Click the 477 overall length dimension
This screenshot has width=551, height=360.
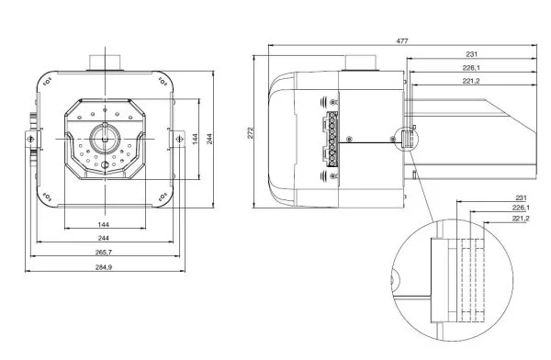(402, 41)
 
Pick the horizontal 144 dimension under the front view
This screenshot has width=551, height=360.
(104, 224)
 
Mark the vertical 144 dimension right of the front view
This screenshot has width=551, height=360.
(195, 137)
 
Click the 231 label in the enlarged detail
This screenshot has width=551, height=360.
(521, 198)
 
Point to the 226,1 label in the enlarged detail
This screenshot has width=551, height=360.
(521, 208)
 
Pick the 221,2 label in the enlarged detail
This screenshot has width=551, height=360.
(521, 219)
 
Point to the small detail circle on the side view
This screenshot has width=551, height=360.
(406, 139)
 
